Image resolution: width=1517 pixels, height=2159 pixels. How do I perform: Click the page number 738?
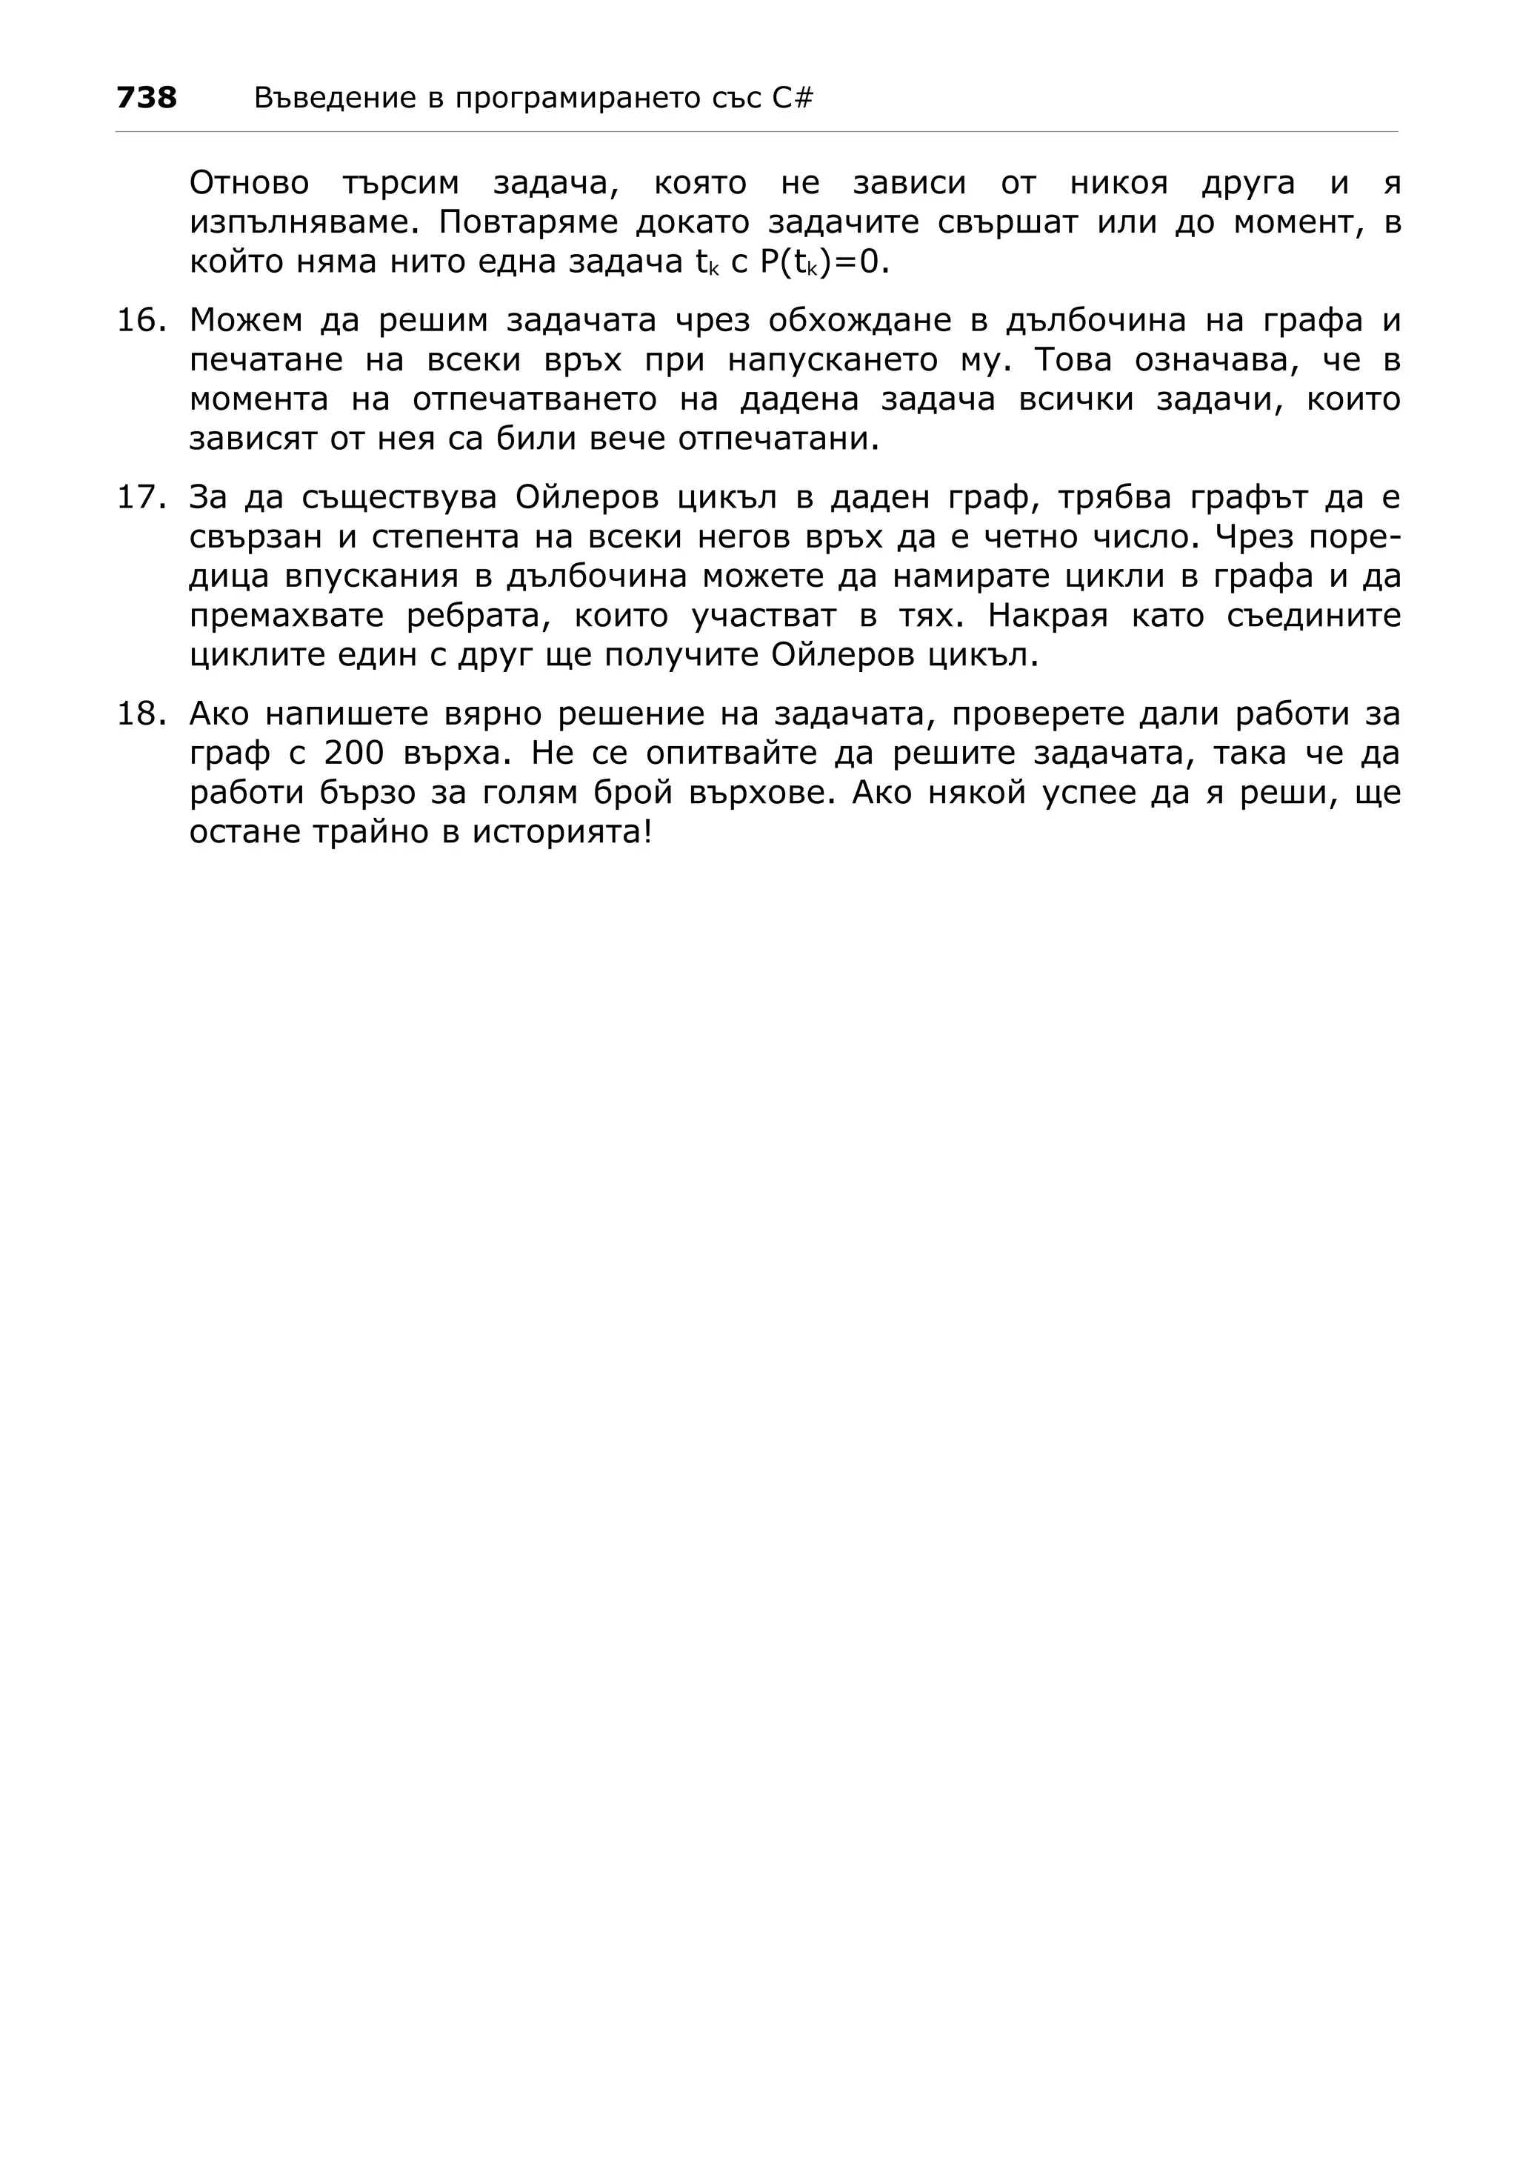point(147,97)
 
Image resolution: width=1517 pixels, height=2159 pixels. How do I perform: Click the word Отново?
point(249,183)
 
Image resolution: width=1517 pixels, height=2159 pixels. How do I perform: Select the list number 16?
point(140,321)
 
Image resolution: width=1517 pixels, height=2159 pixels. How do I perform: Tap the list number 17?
point(140,497)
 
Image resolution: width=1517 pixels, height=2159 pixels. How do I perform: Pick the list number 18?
point(140,715)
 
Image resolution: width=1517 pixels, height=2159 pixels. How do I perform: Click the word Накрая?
point(1048,616)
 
